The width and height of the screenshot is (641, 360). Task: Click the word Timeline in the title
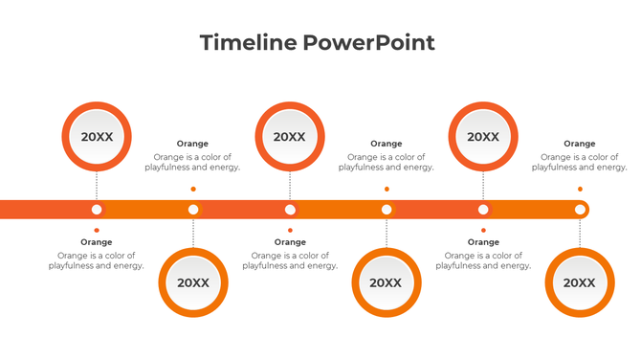(x=248, y=42)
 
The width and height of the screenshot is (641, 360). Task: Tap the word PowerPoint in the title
(x=369, y=42)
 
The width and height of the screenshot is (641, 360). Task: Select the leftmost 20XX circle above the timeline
(x=97, y=137)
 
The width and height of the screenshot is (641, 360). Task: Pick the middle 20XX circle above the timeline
(x=290, y=137)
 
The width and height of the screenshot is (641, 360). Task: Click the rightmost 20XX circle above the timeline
(x=483, y=137)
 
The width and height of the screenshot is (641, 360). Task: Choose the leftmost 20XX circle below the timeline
(x=193, y=282)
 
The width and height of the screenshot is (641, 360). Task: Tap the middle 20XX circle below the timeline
(x=387, y=282)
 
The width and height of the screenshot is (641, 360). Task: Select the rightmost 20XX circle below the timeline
(x=580, y=282)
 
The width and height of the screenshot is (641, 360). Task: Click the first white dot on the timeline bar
(x=97, y=210)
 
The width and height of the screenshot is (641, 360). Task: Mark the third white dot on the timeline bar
(x=290, y=210)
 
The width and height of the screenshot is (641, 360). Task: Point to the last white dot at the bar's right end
(x=580, y=210)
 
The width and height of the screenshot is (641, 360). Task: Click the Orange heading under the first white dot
(x=97, y=242)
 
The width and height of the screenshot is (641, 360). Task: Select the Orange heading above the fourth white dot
(x=387, y=144)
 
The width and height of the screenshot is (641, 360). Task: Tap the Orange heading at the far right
(x=580, y=144)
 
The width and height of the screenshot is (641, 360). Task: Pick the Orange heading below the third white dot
(x=290, y=242)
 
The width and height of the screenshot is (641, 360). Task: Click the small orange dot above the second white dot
(x=193, y=189)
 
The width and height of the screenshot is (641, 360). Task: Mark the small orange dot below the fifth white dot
(x=483, y=230)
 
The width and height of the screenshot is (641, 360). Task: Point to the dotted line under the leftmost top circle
(x=97, y=186)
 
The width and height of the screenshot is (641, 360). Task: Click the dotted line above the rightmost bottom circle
(x=580, y=234)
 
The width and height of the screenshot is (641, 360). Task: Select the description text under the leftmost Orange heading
(x=97, y=260)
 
